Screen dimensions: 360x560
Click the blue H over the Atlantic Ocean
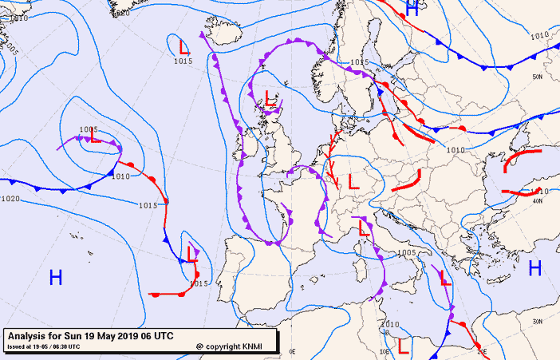[x=56, y=278]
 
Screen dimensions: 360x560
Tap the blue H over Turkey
[x=535, y=268]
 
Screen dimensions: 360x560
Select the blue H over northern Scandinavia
[x=412, y=9]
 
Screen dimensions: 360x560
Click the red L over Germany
[x=354, y=182]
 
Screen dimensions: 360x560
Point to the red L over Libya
[x=404, y=346]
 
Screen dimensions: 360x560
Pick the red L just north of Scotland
[x=271, y=99]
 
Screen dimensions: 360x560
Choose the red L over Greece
[x=446, y=278]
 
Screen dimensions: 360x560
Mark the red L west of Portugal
[x=192, y=255]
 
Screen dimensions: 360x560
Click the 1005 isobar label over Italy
[x=406, y=253]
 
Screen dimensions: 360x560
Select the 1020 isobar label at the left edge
[x=10, y=199]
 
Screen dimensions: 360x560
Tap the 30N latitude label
[x=537, y=321]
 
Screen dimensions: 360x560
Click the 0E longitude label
[x=292, y=351]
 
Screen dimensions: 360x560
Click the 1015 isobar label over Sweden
[x=359, y=62]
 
